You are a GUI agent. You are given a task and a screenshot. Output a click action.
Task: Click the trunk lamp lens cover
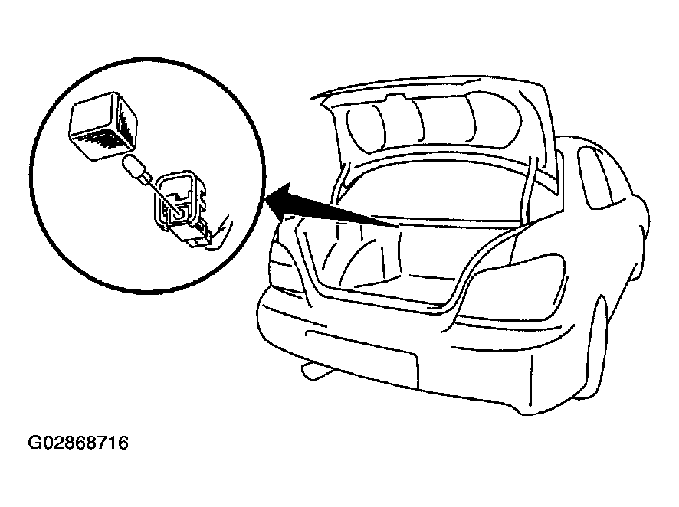pyautogui.click(x=103, y=126)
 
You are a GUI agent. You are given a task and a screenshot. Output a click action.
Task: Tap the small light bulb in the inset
pyautogui.click(x=136, y=169)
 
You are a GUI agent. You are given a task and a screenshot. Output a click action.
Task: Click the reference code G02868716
pyautogui.click(x=78, y=443)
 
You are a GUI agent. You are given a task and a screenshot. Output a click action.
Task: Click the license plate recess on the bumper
pyautogui.click(x=362, y=358)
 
